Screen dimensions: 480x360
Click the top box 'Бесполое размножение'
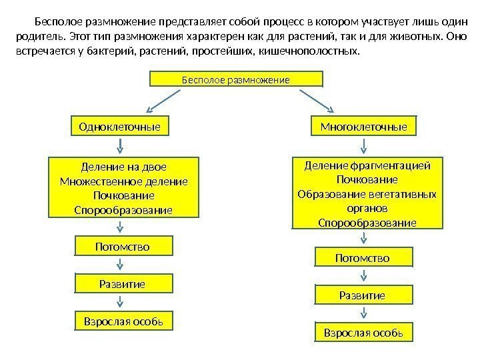[236, 79]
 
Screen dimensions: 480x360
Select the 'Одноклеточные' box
[119, 126]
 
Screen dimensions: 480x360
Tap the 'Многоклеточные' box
[363, 126]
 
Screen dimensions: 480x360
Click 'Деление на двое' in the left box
[123, 167]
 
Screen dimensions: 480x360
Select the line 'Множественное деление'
[123, 181]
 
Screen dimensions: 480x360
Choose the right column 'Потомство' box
[363, 257]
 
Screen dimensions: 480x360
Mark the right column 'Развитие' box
[363, 294]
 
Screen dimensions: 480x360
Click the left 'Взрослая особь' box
[123, 321]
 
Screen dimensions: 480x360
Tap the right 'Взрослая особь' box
[363, 331]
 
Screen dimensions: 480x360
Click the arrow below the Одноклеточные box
[121, 145]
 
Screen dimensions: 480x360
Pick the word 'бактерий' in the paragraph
[109, 51]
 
